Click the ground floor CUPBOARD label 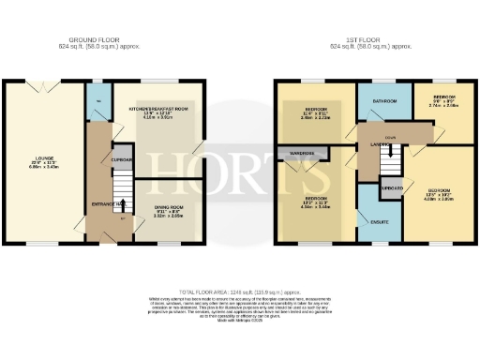pos(122,159)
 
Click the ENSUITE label pos(379,221)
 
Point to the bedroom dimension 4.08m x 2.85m pos(433,199)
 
